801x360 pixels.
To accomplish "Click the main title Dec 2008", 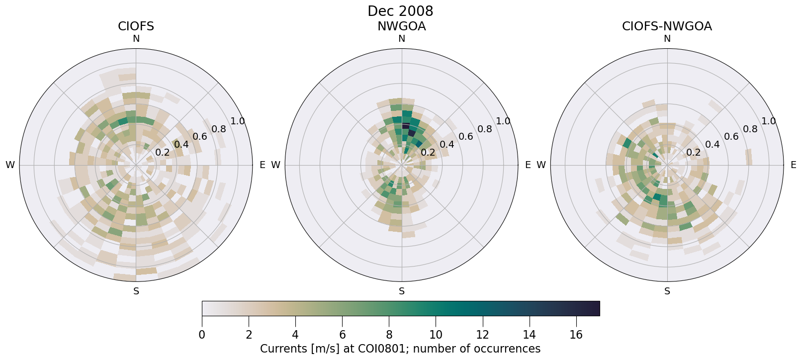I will pyautogui.click(x=400, y=11).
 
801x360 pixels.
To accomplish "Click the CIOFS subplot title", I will pyautogui.click(x=136, y=26).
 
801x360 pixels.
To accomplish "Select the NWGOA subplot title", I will pyautogui.click(x=401, y=26).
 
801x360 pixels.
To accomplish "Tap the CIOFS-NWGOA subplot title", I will pyautogui.click(x=667, y=26).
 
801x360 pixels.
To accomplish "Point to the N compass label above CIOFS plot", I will pyautogui.click(x=136, y=39).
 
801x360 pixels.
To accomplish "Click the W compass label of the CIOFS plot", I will pyautogui.click(x=10, y=165).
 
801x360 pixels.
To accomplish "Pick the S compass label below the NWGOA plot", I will pyautogui.click(x=402, y=291).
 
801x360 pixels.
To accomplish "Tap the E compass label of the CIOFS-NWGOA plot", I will pyautogui.click(x=793, y=165).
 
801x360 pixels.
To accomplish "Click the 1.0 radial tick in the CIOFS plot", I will pyautogui.click(x=238, y=121).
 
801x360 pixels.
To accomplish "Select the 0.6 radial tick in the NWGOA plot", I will pyautogui.click(x=465, y=137).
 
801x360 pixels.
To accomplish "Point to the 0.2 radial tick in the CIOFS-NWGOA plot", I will pyautogui.click(x=693, y=152).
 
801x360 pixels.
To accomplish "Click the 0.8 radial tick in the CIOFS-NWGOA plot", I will pyautogui.click(x=750, y=129).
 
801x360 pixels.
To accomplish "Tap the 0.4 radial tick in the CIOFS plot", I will pyautogui.click(x=181, y=144).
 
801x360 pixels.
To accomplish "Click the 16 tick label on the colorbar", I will pyautogui.click(x=576, y=335).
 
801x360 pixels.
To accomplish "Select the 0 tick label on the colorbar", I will pyautogui.click(x=202, y=335).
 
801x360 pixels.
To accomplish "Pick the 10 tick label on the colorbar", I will pyautogui.click(x=436, y=335).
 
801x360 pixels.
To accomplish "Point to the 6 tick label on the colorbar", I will pyautogui.click(x=342, y=335).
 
